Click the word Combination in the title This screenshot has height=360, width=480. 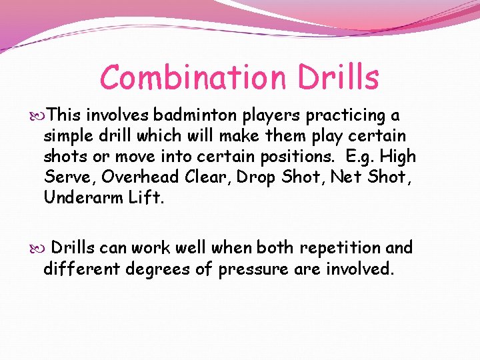(181, 77)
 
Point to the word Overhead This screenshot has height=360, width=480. (139, 177)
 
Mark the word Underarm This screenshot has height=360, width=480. (81, 197)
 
